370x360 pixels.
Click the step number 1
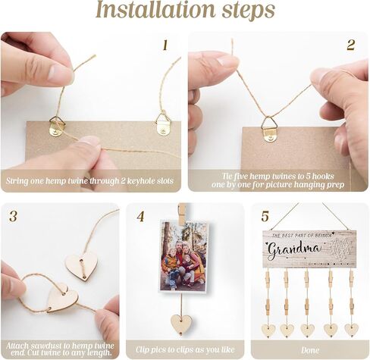pyautogui.click(x=165, y=45)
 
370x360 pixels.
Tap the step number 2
pyautogui.click(x=350, y=45)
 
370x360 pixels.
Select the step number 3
pyautogui.click(x=13, y=217)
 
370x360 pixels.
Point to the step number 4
pyautogui.click(x=140, y=217)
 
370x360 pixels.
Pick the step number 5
pyautogui.click(x=265, y=217)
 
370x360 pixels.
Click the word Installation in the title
pyautogui.click(x=155, y=10)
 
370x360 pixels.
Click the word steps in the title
pyautogui.click(x=249, y=11)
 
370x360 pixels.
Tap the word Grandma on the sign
pyautogui.click(x=294, y=249)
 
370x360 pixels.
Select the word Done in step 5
pyautogui.click(x=310, y=350)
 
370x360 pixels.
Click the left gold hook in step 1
pyautogui.click(x=57, y=127)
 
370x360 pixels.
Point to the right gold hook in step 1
pyautogui.click(x=164, y=125)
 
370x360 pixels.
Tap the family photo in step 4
pyautogui.click(x=184, y=256)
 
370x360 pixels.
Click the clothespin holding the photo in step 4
pyautogui.click(x=183, y=214)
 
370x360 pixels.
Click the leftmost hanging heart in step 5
pyautogui.click(x=268, y=330)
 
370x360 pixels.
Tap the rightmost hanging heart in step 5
pyautogui.click(x=352, y=330)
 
